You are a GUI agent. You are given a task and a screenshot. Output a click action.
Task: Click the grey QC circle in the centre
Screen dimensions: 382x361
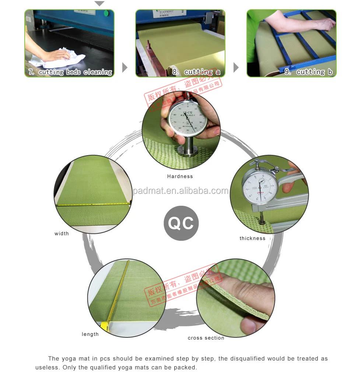[181, 223]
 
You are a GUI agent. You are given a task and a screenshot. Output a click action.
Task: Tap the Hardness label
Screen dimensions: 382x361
[180, 177]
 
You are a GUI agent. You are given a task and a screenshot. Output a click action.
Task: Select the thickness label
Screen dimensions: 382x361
[252, 239]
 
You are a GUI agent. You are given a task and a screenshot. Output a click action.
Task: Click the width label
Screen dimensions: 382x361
[62, 233]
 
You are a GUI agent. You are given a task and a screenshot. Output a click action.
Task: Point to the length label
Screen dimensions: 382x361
[90, 334]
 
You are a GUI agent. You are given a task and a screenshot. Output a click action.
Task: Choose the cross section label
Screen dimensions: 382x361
[206, 338]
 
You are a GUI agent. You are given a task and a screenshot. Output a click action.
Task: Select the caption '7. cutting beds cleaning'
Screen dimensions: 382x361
[70, 72]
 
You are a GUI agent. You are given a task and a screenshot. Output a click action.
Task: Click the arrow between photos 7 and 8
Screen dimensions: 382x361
[125, 67]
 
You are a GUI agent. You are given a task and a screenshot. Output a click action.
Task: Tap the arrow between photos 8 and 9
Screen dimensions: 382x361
[236, 67]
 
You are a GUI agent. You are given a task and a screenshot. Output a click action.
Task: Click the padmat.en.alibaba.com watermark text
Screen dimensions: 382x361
[180, 191]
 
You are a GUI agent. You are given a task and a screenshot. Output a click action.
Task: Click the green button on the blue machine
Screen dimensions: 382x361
[106, 14]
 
